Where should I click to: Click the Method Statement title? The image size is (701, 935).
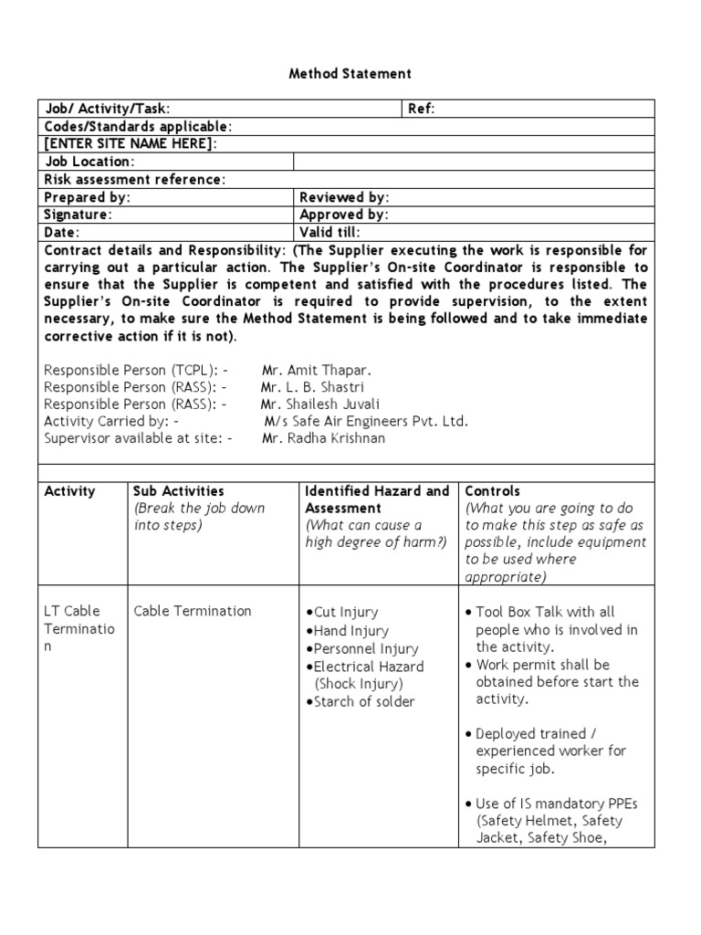[350, 73]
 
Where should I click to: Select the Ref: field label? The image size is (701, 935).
[421, 109]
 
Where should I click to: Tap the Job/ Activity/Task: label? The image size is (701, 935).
[107, 109]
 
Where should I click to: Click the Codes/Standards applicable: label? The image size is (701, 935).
[138, 126]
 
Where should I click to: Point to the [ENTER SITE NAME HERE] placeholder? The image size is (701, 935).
[131, 143]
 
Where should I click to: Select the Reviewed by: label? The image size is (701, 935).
[344, 197]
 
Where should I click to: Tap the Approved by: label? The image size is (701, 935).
[344, 215]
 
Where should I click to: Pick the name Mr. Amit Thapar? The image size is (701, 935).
[317, 370]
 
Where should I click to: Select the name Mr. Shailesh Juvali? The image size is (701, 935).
[320, 404]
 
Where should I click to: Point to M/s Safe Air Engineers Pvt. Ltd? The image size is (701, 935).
[366, 421]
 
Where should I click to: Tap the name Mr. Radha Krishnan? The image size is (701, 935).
[323, 438]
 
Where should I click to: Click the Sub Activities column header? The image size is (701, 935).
[179, 491]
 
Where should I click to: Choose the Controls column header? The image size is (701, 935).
[493, 491]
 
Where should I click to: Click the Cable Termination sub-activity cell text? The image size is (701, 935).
[192, 611]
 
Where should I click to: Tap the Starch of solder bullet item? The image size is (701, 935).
[363, 701]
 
